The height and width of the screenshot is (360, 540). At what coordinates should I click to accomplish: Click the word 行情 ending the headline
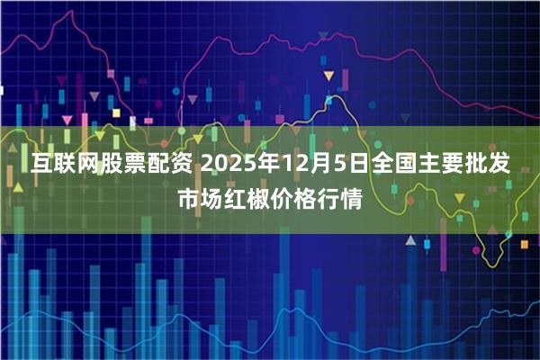(338, 199)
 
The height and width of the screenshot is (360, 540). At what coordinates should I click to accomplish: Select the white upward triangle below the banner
(409, 241)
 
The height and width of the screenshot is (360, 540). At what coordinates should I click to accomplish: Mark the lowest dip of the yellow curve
(493, 262)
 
